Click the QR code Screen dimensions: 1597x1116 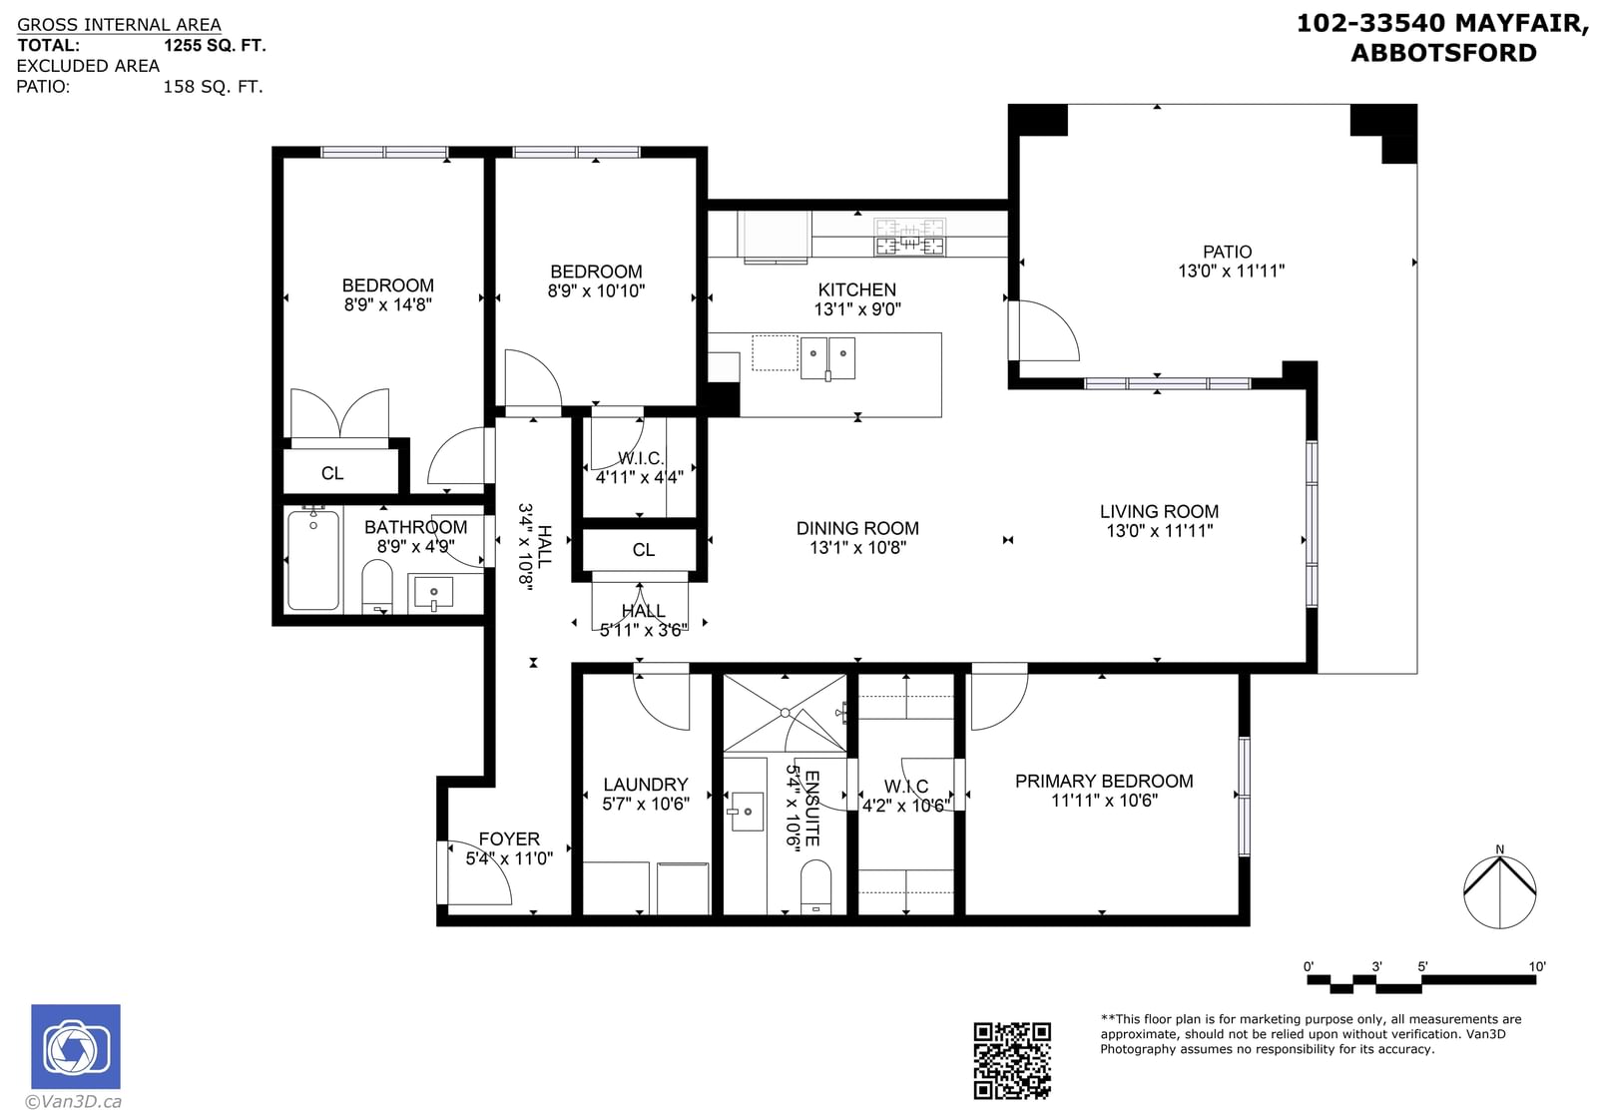[x=1012, y=1060]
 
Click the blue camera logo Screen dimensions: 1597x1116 [x=76, y=1046]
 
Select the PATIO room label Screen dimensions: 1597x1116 [x=1227, y=252]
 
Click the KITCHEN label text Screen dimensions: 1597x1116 [x=857, y=289]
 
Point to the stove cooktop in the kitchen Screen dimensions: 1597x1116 [x=909, y=237]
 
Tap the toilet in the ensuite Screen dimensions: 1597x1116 [x=815, y=886]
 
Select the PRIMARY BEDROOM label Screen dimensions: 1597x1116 [x=1104, y=781]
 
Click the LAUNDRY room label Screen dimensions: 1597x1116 [x=645, y=785]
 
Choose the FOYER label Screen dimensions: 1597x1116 [x=509, y=838]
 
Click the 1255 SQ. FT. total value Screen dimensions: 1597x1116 [x=215, y=46]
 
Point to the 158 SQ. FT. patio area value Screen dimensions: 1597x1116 [x=214, y=87]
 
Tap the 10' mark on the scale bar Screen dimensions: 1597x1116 [x=1537, y=966]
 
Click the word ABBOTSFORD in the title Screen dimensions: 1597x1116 [x=1443, y=53]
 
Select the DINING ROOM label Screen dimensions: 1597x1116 [x=857, y=528]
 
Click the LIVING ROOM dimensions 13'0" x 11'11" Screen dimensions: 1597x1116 [x=1159, y=530]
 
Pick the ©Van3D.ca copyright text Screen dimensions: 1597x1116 [x=74, y=1101]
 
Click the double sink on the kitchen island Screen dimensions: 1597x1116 [x=827, y=358]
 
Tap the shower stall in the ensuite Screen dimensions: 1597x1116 [x=785, y=713]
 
